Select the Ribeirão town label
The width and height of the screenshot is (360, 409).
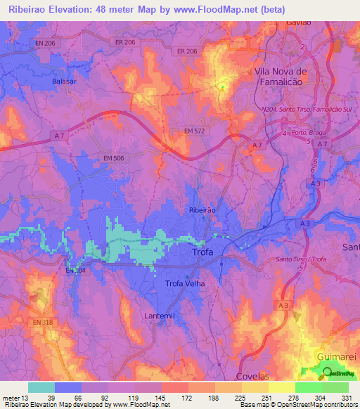tap(202, 210)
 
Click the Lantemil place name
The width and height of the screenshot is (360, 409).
tap(165, 315)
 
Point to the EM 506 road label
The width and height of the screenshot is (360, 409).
tap(112, 159)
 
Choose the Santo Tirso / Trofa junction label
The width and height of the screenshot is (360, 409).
tap(301, 260)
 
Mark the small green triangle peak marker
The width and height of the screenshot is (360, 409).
tap(223, 88)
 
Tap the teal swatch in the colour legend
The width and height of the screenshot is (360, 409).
tap(41, 387)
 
